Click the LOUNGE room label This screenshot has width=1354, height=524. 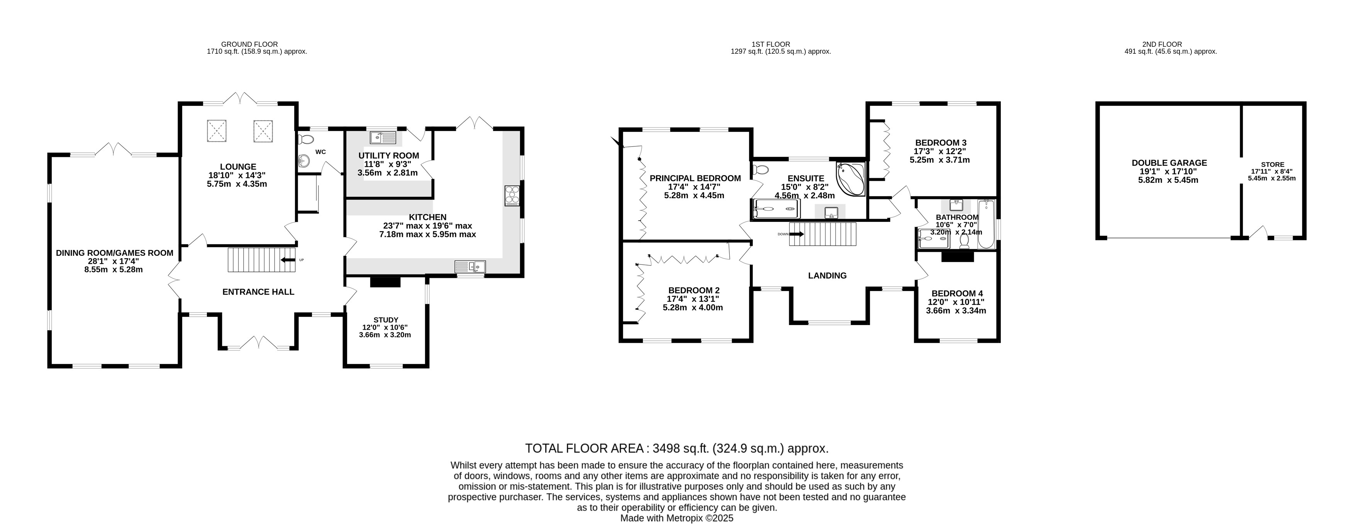point(238,167)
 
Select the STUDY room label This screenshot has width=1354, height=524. point(386,320)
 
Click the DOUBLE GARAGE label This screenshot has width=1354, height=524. point(1169,163)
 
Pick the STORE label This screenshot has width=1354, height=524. point(1273,165)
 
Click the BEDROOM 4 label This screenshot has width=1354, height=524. point(957,294)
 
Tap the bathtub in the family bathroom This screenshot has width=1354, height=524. point(986,224)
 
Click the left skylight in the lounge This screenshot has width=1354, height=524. point(215,131)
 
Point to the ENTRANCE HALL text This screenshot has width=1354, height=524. point(258,292)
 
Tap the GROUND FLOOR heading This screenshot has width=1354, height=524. point(250,44)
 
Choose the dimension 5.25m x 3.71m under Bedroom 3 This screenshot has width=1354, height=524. point(940,160)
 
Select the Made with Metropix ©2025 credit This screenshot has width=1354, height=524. point(677,518)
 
